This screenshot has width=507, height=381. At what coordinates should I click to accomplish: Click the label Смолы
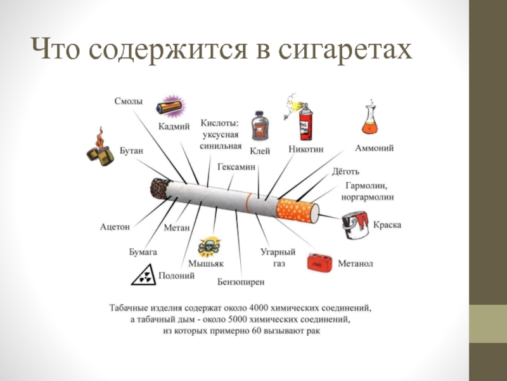(x=129, y=101)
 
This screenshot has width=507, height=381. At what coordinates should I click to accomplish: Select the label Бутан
(x=132, y=150)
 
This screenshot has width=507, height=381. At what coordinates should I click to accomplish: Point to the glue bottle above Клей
(x=259, y=126)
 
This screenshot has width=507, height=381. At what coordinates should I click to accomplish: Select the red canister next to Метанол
(x=320, y=262)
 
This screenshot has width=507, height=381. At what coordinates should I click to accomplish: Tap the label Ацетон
(x=115, y=226)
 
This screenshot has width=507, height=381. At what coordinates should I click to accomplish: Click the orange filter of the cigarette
(x=295, y=208)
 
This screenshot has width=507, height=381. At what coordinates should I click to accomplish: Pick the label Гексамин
(x=236, y=166)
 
